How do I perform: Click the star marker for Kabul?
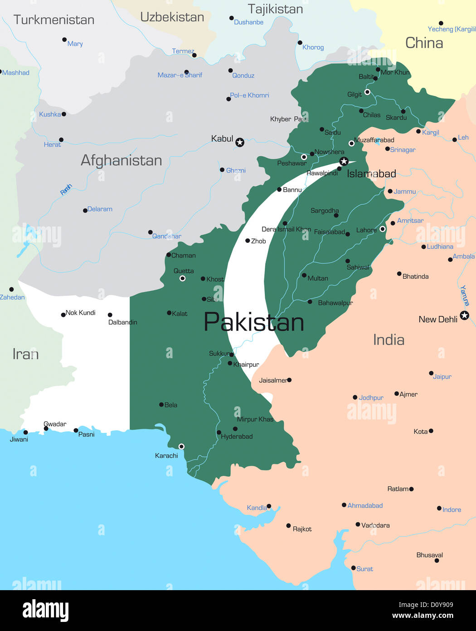240,143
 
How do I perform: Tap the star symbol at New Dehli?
464,315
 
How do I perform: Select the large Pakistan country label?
254,322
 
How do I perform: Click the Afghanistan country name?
121,160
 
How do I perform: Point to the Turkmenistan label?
53,20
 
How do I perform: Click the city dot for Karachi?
181,447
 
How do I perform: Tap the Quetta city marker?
182,278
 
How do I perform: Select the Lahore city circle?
383,229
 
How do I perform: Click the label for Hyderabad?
237,437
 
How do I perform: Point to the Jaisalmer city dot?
289,380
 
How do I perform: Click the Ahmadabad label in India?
365,505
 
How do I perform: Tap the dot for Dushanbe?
231,18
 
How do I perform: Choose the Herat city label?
52,145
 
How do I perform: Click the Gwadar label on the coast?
55,424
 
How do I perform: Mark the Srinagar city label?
403,150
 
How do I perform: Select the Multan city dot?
304,276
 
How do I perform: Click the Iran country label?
25,354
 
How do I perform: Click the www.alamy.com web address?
423,616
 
